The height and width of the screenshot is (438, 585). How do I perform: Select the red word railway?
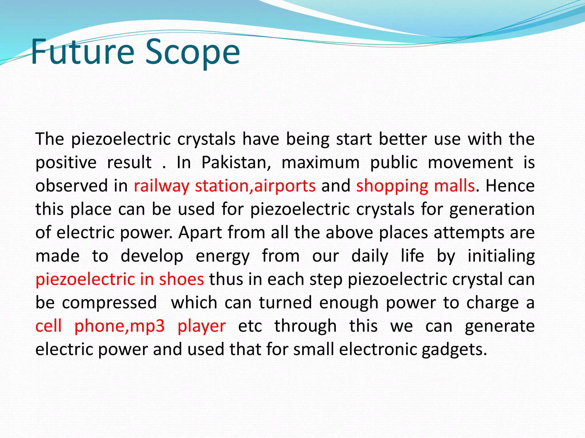click(x=161, y=186)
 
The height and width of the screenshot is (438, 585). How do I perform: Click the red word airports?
click(x=285, y=186)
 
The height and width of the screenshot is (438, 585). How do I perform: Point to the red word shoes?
click(x=181, y=279)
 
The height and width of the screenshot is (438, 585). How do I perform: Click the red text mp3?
click(x=147, y=326)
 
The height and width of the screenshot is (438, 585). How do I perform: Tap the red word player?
click(x=202, y=326)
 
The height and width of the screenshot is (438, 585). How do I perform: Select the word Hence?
click(x=510, y=186)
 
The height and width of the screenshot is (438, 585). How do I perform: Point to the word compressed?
click(x=109, y=303)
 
